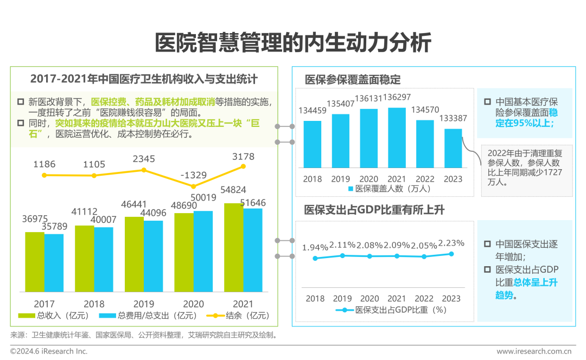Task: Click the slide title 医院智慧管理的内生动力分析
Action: [293, 43]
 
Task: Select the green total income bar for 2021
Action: [233, 247]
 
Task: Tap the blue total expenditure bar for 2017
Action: [54, 262]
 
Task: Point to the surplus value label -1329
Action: [194, 175]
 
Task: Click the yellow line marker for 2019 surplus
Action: [144, 170]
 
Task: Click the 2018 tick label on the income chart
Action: [94, 304]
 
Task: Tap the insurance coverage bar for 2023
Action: [453, 148]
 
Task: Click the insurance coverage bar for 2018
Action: [312, 144]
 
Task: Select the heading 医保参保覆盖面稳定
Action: [353, 80]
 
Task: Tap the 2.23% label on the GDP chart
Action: [451, 243]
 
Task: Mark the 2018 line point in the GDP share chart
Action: [315, 258]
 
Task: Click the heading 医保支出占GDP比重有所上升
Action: [374, 210]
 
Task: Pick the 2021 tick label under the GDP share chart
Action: [397, 298]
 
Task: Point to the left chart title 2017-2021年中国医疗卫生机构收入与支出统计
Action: [143, 79]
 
